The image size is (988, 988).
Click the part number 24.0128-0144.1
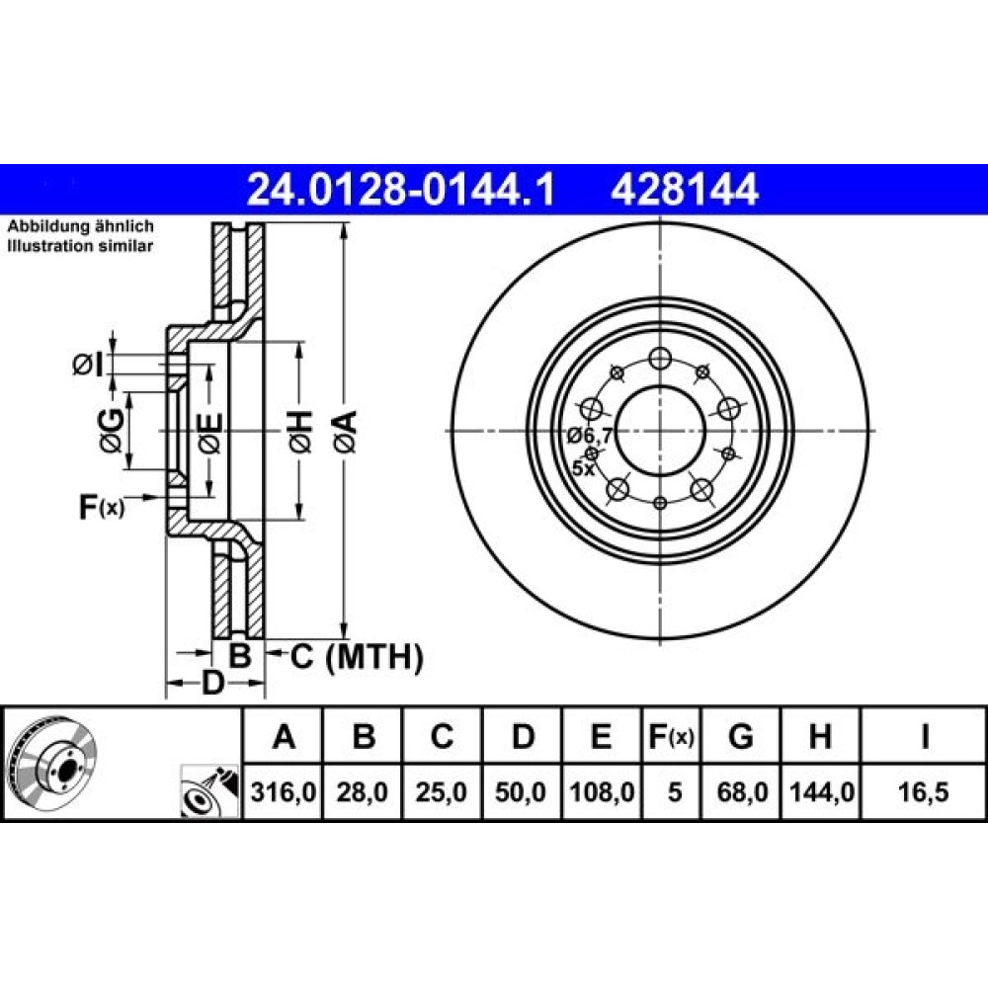401,190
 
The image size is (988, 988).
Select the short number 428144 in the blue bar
684,190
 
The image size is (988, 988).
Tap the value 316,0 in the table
283,792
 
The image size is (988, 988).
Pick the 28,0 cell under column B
363,792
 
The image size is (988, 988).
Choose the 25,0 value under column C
441,792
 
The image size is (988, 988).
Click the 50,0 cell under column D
521,792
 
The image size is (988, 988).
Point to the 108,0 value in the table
602,792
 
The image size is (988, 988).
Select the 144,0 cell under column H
822,792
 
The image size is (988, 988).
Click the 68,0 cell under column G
742,792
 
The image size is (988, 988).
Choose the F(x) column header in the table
671,736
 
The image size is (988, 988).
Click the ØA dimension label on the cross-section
346,431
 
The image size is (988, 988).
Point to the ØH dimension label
301,431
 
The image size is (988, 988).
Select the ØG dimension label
111,431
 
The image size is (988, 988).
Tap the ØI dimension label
88,365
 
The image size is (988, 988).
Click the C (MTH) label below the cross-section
357,657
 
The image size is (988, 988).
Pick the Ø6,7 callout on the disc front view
590,435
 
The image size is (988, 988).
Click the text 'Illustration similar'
80,246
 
